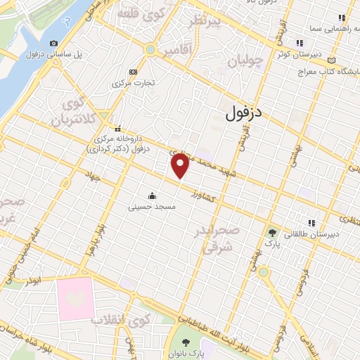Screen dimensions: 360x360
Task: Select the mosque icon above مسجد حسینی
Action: pos(152,195)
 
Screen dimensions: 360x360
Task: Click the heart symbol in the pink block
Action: pos(75,295)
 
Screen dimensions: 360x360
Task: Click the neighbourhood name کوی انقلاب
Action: pos(121,321)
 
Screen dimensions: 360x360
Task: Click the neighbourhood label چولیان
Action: pos(246,61)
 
